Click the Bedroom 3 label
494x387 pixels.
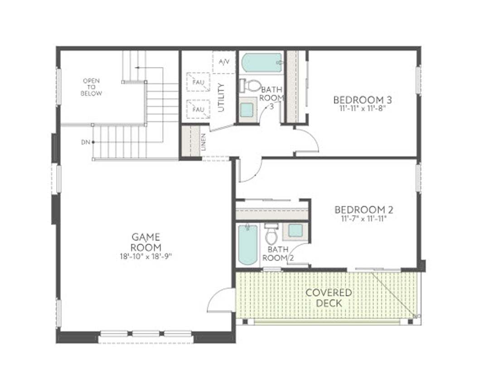point(363,100)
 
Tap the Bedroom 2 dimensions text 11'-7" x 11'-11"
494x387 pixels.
point(363,218)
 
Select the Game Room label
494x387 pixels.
point(146,242)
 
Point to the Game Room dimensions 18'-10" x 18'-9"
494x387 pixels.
point(146,256)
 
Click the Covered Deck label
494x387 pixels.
point(329,298)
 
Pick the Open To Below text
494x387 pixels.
point(91,87)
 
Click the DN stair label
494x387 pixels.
point(86,142)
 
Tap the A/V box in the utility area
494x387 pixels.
point(224,62)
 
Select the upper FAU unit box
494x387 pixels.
point(198,83)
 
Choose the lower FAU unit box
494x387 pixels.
point(198,109)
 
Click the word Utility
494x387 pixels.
point(221,97)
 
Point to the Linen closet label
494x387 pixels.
point(204,142)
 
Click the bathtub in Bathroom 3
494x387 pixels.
point(262,63)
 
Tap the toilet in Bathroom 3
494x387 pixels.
point(248,85)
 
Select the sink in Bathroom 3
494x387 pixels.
point(247,110)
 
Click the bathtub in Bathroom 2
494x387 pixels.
point(247,245)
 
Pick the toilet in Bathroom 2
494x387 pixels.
point(271,235)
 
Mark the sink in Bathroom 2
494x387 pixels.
point(295,230)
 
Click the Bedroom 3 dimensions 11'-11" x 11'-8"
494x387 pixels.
point(363,109)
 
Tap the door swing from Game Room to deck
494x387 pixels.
point(221,300)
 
